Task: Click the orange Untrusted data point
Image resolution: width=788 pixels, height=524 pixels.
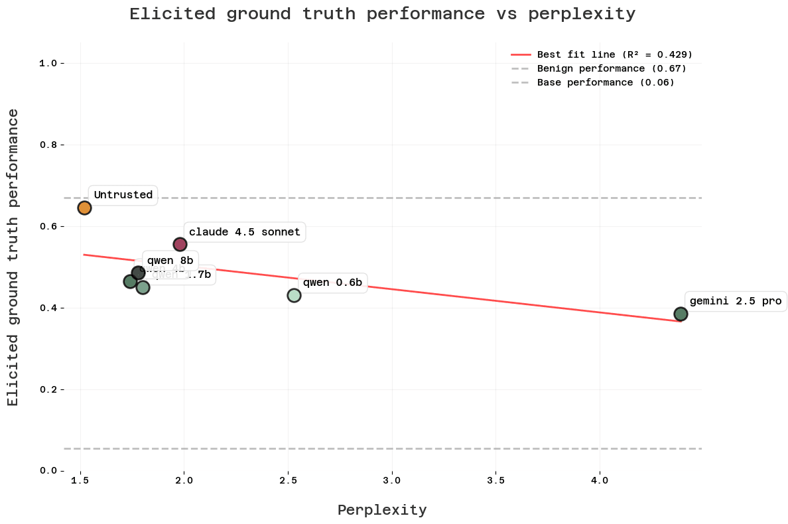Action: (84, 208)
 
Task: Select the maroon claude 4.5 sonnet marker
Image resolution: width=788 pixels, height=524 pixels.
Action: (180, 244)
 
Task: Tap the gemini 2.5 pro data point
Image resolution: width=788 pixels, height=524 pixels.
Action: (681, 314)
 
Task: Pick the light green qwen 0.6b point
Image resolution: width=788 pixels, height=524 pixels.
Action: (294, 295)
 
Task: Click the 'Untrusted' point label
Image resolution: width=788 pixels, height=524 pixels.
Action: (123, 195)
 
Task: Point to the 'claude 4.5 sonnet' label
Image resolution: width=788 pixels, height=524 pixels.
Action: (244, 232)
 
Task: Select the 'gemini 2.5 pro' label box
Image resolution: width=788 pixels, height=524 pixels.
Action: (736, 300)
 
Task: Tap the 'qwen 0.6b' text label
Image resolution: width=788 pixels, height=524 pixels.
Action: (332, 283)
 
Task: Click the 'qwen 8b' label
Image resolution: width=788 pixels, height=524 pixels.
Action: (170, 261)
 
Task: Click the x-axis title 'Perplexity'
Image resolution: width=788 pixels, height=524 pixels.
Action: (382, 510)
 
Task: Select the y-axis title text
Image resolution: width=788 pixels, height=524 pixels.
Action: (13, 257)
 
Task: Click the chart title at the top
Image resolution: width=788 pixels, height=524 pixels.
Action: (382, 14)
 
